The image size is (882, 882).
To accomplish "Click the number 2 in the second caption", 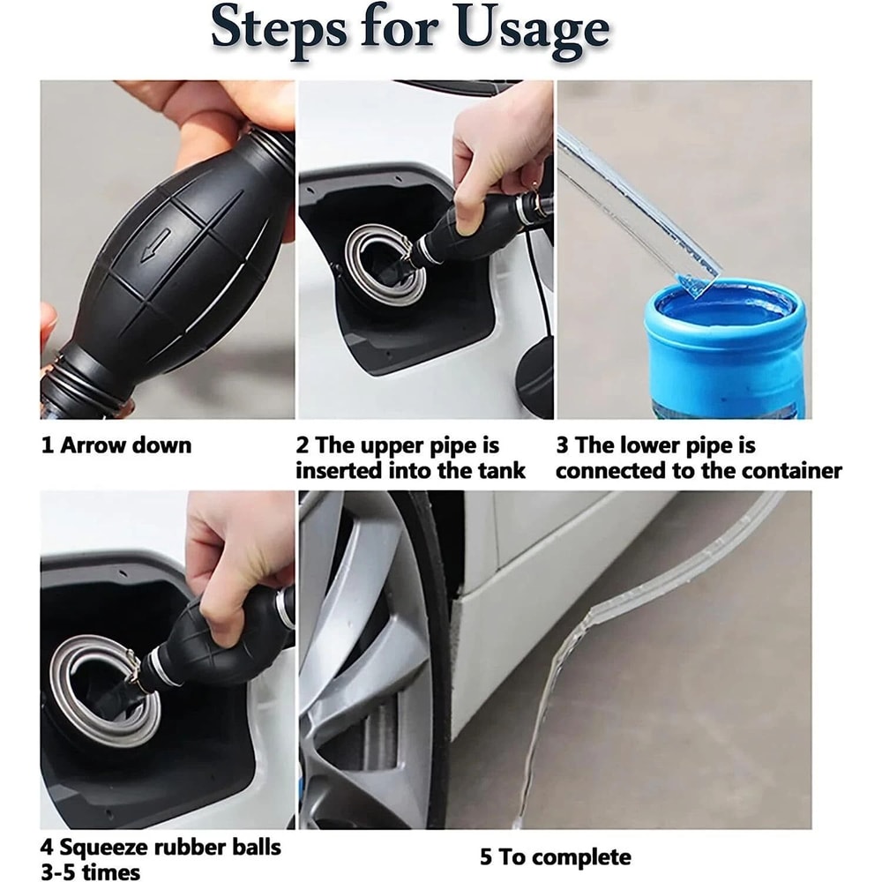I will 303,445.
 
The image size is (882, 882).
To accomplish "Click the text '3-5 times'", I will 91,871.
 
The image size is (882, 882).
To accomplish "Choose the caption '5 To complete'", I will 556,856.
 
